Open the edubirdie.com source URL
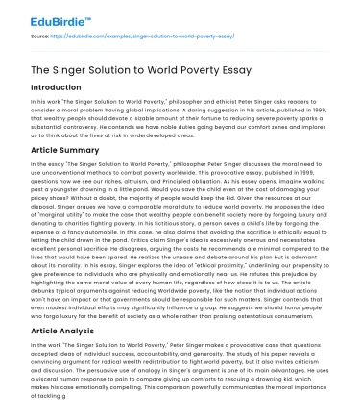click(x=133, y=37)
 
